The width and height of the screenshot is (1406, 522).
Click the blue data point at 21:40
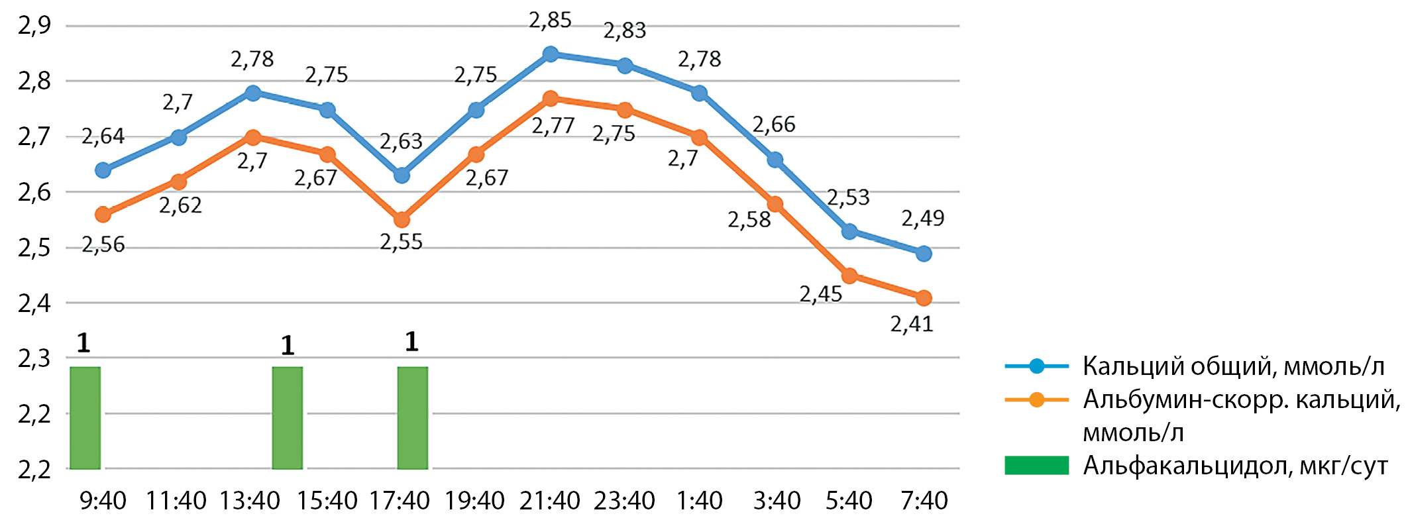pos(550,54)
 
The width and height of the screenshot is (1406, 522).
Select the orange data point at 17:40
pos(402,220)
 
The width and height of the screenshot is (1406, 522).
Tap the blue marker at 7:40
pos(924,254)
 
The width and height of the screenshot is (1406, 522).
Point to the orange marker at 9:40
pos(103,215)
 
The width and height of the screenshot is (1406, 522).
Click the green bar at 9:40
pos(85,417)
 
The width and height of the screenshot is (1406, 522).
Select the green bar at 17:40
pos(412,417)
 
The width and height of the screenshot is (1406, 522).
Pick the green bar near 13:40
pos(288,417)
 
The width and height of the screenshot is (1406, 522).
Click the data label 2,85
pos(550,21)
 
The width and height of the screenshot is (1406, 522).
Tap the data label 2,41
pos(912,324)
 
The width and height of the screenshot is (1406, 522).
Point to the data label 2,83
pos(624,30)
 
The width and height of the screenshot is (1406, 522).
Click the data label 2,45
pos(820,294)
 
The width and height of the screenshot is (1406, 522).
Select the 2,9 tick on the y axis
pos(34,26)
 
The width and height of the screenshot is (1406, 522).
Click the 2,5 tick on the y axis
pos(34,248)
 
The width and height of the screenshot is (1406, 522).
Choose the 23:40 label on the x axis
pos(624,501)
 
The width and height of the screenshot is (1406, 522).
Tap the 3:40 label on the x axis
pos(777,501)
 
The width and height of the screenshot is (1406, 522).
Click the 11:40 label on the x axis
pos(176,501)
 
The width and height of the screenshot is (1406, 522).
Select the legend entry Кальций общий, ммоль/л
pos(1233,366)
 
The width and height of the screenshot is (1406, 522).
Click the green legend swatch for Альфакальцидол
pos(1036,466)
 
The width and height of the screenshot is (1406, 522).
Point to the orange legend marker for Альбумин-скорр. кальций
pos(1037,400)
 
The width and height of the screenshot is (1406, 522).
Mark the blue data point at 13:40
pos(252,93)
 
